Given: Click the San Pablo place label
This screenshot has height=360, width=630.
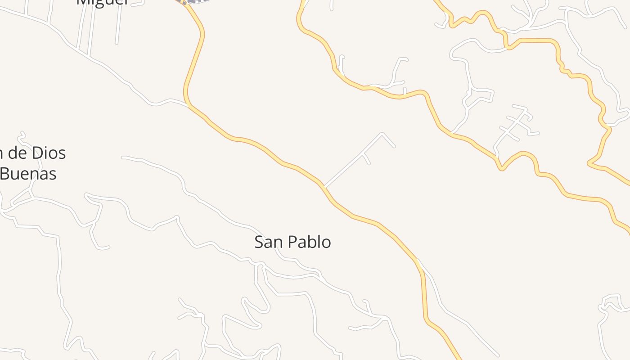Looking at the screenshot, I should (x=292, y=242).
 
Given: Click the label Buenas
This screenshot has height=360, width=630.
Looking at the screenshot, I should (x=28, y=173).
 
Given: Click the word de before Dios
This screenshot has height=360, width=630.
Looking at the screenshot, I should (x=18, y=153).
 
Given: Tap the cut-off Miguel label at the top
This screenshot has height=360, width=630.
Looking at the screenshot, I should (x=103, y=2).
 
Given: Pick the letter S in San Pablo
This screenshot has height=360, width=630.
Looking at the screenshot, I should (x=259, y=242).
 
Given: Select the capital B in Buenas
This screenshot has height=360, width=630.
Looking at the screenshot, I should (x=4, y=173).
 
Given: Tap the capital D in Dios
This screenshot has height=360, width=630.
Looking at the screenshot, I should (x=38, y=153).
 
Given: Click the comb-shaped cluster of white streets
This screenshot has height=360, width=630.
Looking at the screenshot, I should (x=517, y=124).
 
